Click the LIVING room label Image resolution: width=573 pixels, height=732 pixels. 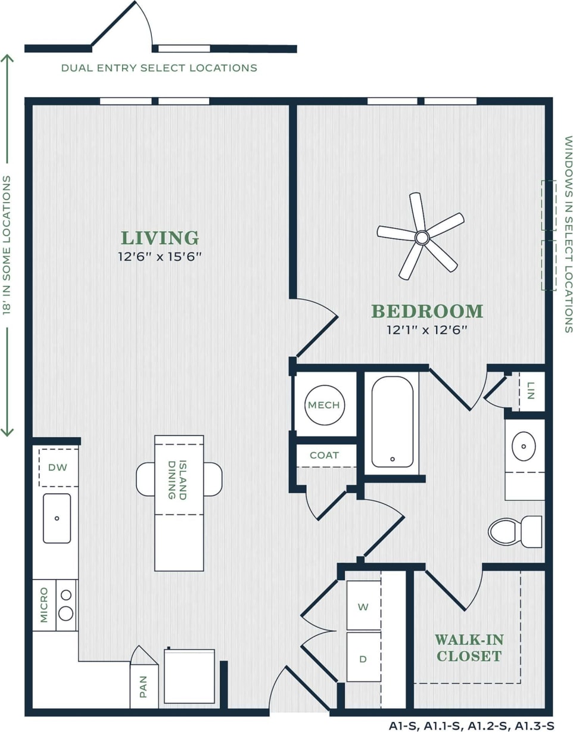pos(160,238)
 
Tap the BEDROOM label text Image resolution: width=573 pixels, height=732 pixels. pos(427,311)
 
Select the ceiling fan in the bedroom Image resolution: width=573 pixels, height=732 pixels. pos(422,238)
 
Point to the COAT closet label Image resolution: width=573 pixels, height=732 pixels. pos(324,455)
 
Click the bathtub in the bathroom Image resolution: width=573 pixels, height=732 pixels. pos(392,421)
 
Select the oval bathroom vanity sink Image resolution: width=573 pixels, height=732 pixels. pos(524,445)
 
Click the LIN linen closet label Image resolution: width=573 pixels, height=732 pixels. pos(531,391)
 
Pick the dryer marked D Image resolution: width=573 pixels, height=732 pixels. pos(363,658)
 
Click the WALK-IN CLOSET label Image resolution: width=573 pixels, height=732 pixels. pos(469,648)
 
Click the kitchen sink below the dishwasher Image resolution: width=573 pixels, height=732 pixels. pos(57,518)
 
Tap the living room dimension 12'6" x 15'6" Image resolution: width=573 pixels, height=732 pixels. pos(160,257)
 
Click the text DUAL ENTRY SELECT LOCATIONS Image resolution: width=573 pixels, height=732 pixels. pos(159,68)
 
